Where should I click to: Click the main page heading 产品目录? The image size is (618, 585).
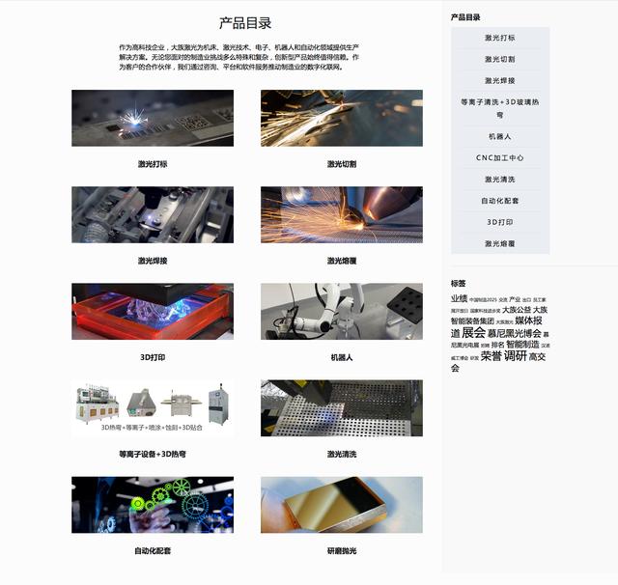245,23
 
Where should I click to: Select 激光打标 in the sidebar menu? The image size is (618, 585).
500,38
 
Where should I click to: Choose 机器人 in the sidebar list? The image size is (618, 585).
500,136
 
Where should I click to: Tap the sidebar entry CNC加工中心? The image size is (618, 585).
500,157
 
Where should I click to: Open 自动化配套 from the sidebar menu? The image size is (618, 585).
500,201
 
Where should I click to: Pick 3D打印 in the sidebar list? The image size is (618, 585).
500,222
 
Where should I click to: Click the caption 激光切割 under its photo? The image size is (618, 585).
342,164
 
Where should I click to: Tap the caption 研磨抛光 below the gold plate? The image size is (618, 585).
342,550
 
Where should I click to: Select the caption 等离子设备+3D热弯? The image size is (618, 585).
153,454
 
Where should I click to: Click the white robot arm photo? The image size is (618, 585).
342,311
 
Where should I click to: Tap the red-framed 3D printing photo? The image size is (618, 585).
153,311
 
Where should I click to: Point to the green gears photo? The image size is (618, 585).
153,504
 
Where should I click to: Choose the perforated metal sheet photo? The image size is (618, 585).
342,407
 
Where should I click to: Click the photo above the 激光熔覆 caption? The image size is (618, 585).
342,214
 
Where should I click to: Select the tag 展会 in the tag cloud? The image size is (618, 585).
473,333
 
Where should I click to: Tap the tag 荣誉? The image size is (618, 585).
492,356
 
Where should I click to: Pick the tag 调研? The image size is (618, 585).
516,356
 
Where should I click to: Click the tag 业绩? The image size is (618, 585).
459,299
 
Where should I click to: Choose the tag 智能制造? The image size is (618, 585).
522,345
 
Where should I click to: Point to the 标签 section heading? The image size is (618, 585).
459,283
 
